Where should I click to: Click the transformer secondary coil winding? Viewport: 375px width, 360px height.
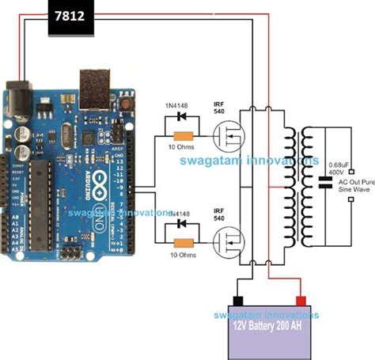pos(305,186)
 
